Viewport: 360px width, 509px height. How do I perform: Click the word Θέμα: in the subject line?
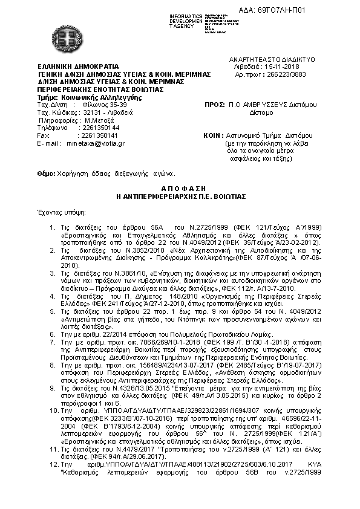coord(46,173)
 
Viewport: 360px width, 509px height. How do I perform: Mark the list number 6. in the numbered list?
coord(54,333)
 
